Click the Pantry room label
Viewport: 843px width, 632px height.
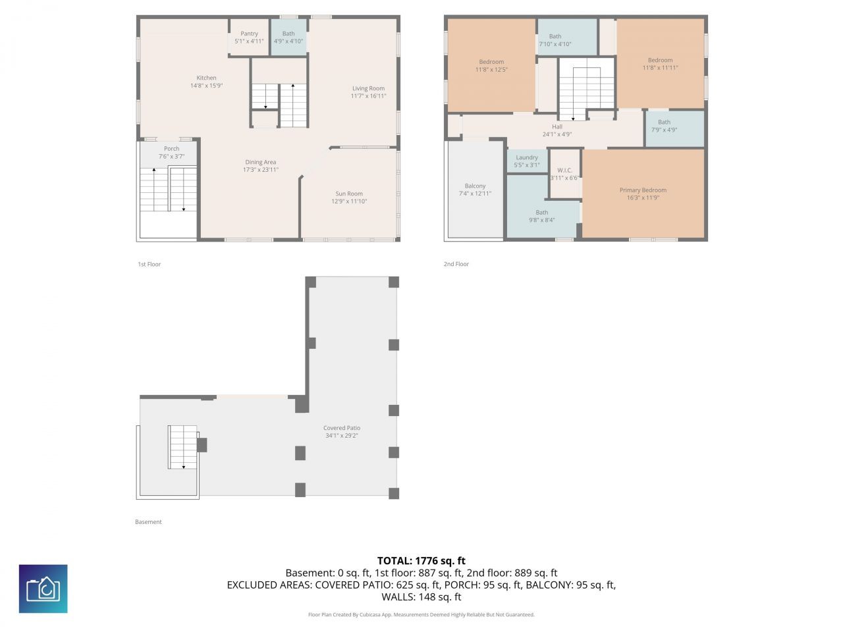point(249,34)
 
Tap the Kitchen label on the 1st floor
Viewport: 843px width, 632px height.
point(206,78)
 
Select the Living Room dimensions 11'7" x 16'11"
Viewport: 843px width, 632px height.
point(368,96)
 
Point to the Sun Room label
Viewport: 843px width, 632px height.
point(348,194)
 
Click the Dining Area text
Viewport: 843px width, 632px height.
point(260,162)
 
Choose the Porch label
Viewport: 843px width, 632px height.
point(171,149)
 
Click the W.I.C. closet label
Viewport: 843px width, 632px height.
point(564,170)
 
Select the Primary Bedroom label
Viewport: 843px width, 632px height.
point(643,190)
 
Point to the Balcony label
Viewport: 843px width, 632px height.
point(475,186)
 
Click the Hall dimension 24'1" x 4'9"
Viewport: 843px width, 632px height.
point(557,134)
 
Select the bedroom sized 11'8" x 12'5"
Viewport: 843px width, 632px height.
point(491,66)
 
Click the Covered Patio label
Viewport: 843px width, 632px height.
point(341,428)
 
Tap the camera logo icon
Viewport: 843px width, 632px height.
point(43,589)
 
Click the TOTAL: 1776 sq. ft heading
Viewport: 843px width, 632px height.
point(421,561)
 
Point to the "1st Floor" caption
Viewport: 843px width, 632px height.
point(149,264)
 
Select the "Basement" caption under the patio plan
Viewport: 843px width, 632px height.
point(148,522)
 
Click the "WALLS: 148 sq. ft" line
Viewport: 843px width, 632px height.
point(421,596)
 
